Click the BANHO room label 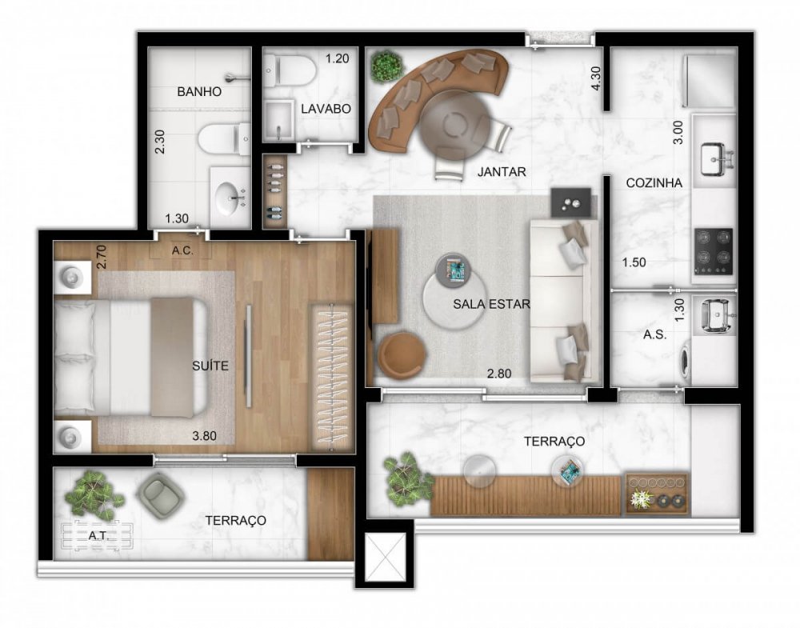(198, 92)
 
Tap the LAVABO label (326, 109)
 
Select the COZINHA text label (654, 182)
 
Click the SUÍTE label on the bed (210, 366)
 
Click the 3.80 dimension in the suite (207, 436)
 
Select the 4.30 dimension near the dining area (596, 78)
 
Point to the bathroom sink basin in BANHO (230, 194)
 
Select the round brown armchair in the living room (400, 353)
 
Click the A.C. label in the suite (181, 250)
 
